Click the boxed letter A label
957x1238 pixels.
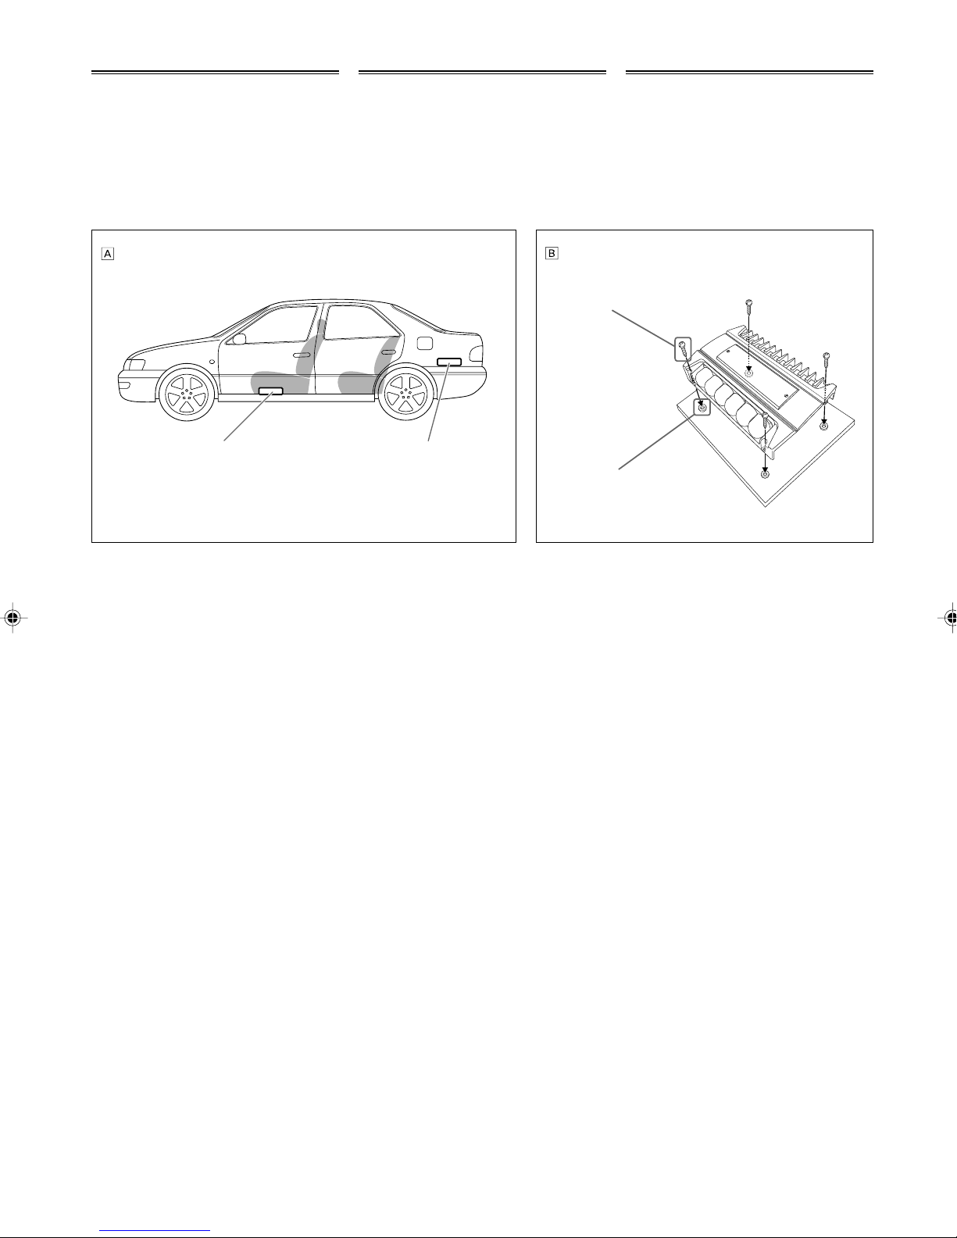pyautogui.click(x=108, y=254)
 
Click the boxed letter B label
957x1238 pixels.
pyautogui.click(x=552, y=253)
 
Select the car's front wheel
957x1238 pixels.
pyautogui.click(x=187, y=393)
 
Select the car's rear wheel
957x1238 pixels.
pyautogui.click(x=407, y=392)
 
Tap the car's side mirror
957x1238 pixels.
pyautogui.click(x=239, y=339)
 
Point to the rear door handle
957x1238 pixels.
pyautogui.click(x=388, y=353)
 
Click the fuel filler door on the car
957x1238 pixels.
pyautogui.click(x=424, y=343)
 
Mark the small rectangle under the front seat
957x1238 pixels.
pyautogui.click(x=270, y=391)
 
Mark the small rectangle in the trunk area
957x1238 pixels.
pyautogui.click(x=449, y=362)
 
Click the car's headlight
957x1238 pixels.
pyautogui.click(x=135, y=365)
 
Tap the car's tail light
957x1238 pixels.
pyautogui.click(x=477, y=355)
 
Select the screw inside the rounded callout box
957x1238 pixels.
pyautogui.click(x=683, y=348)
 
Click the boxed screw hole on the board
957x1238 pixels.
pyautogui.click(x=702, y=408)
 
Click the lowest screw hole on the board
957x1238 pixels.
pyautogui.click(x=765, y=474)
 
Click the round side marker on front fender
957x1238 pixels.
pyautogui.click(x=212, y=362)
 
